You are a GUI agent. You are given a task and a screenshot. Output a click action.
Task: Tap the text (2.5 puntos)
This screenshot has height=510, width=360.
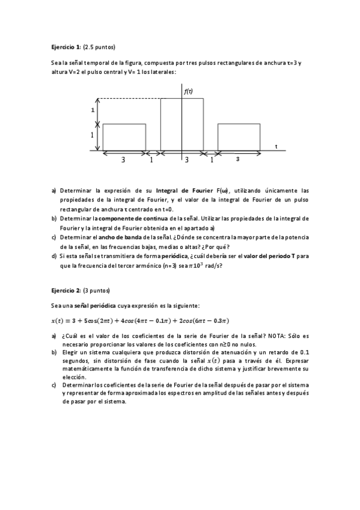click(x=99, y=46)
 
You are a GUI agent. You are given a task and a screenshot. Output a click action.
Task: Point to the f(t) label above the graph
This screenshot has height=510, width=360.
click(x=188, y=91)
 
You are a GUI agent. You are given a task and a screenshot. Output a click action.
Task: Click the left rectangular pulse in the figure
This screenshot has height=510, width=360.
click(x=124, y=137)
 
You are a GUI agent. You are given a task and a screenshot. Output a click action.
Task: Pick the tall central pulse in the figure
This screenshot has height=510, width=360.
click(x=182, y=124)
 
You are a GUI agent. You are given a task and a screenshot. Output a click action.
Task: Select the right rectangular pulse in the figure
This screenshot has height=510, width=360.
click(x=239, y=137)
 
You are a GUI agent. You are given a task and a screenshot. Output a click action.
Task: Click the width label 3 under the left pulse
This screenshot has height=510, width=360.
click(x=123, y=160)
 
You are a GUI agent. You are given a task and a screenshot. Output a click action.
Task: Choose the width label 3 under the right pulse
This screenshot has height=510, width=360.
click(x=238, y=159)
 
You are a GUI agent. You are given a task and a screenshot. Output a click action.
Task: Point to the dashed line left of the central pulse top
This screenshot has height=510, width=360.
click(x=129, y=99)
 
